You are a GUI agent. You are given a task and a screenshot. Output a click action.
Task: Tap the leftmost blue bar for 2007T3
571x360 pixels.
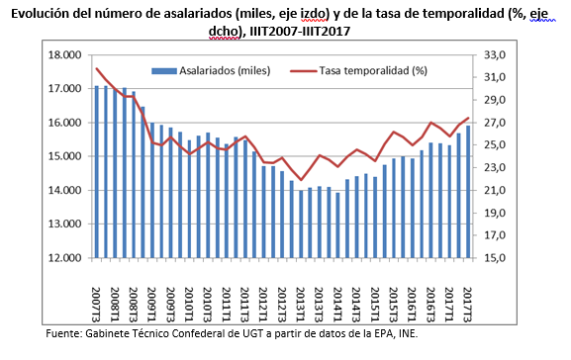pyautogui.click(x=96, y=172)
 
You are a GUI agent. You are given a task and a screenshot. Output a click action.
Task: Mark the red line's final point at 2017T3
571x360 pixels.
pyautogui.click(x=468, y=119)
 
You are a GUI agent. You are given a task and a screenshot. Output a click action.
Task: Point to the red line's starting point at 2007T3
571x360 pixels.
pyautogui.click(x=96, y=68)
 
